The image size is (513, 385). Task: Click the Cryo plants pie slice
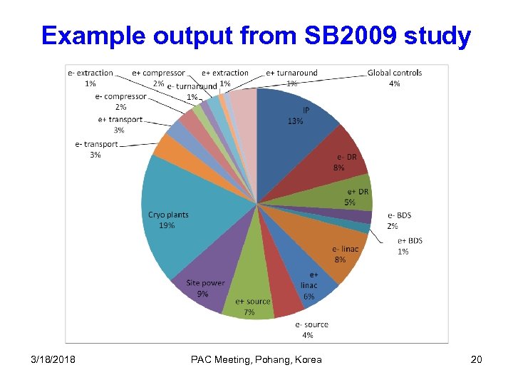(x=178, y=214)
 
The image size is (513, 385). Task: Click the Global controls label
(x=395, y=73)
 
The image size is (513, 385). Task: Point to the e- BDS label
(x=399, y=215)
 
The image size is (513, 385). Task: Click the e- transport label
(x=96, y=144)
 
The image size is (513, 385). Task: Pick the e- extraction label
(x=90, y=73)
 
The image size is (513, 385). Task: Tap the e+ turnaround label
(x=291, y=73)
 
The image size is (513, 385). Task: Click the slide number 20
(x=476, y=359)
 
